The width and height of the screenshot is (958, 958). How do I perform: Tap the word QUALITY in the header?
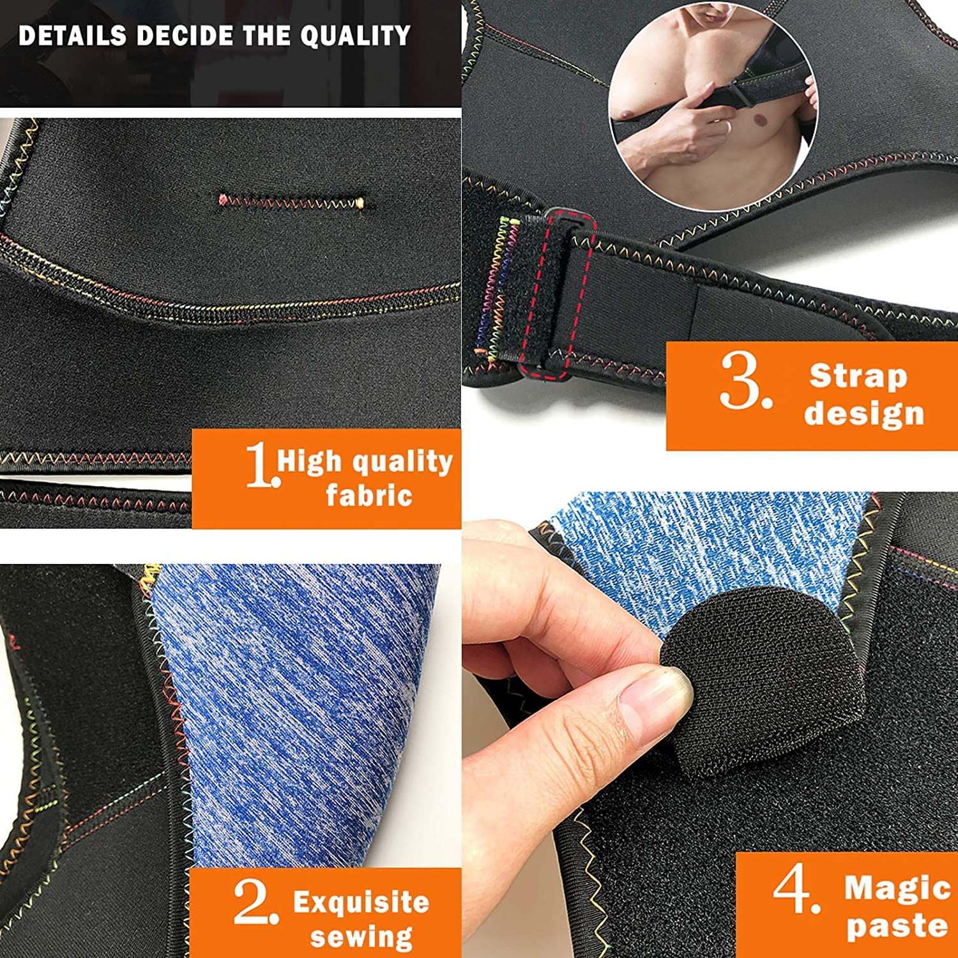tap(356, 36)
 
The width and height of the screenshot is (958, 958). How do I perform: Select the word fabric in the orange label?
tap(369, 495)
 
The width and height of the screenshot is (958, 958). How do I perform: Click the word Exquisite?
tap(361, 902)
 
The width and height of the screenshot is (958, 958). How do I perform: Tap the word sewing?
tap(361, 937)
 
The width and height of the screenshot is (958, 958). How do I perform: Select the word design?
tap(864, 413)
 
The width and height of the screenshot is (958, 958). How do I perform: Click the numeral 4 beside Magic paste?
tap(796, 890)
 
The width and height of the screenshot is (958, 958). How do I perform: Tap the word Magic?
tap(897, 888)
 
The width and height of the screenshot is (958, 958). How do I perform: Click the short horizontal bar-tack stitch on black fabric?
tap(291, 202)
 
